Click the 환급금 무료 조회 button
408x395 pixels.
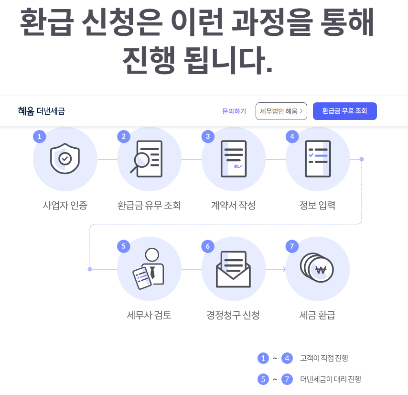pos(344,111)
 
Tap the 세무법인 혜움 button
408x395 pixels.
pos(281,111)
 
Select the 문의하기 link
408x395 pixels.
pos(234,111)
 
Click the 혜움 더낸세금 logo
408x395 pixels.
pos(41,111)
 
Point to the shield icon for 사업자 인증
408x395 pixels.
pos(65,159)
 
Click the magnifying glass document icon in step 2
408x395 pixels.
pos(148,159)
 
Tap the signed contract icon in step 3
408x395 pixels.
pos(234,159)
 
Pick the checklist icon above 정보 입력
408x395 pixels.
pos(318,159)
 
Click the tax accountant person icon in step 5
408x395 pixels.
pos(149,269)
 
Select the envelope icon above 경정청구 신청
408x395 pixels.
pos(233,269)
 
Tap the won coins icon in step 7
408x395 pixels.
pos(317,269)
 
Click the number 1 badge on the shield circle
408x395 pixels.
pos(39,136)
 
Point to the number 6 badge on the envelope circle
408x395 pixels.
pos(208,246)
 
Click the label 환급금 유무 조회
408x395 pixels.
pos(149,206)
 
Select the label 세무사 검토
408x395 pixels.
pos(149,315)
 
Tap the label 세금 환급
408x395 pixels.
pos(317,315)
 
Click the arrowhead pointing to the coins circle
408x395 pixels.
pos(284,269)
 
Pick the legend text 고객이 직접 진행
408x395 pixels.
pos(327,358)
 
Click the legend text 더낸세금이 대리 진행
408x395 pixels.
pos(330,379)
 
